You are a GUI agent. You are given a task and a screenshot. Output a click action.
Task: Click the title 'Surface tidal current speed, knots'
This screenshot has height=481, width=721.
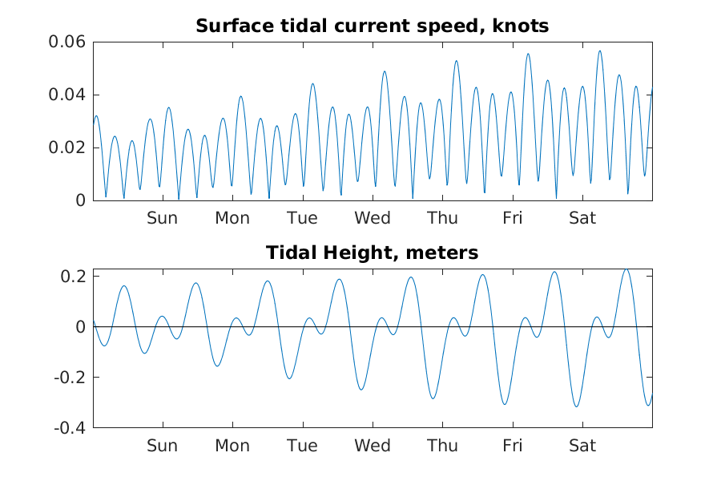tap(373, 26)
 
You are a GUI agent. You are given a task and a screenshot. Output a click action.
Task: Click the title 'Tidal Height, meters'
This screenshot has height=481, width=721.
tap(373, 253)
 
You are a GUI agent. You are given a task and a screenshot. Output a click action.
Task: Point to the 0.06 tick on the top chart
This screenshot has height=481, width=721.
tap(69, 42)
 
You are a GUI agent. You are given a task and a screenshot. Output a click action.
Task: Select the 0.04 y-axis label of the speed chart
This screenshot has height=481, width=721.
tap(69, 95)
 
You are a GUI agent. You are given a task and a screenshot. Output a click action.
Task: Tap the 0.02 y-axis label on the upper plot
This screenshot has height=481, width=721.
tap(69, 148)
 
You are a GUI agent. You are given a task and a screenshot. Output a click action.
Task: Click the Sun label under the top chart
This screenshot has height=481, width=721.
tap(162, 218)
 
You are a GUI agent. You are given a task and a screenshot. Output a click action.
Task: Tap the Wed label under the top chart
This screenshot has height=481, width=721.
tap(373, 218)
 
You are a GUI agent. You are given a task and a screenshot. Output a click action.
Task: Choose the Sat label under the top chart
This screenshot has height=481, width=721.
tap(582, 218)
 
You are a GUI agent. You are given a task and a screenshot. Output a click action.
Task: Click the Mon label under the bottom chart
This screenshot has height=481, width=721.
tap(232, 446)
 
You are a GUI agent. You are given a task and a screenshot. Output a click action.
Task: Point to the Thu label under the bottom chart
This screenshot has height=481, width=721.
tap(442, 446)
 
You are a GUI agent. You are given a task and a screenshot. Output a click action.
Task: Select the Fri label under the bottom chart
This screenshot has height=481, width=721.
tap(513, 446)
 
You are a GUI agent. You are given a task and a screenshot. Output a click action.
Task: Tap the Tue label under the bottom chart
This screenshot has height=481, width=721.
tap(302, 446)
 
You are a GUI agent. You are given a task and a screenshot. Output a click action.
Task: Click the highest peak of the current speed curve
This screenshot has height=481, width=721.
tap(599, 51)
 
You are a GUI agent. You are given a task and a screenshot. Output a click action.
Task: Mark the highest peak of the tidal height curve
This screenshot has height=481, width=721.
tap(626, 269)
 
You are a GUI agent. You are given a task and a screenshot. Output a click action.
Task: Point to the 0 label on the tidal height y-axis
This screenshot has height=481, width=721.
tap(81, 327)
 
